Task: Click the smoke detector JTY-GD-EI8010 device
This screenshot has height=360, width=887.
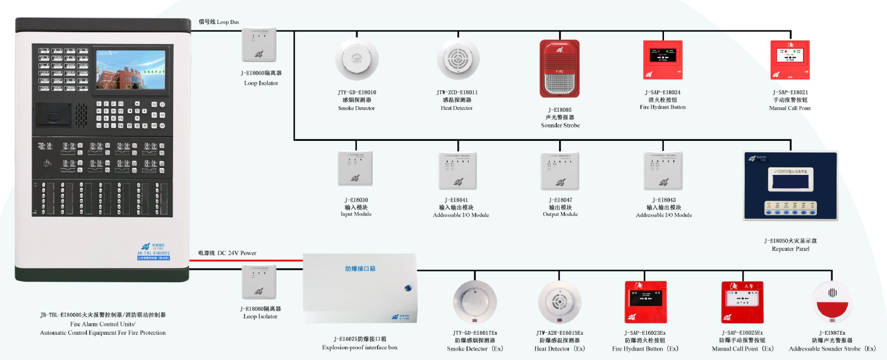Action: (357, 60)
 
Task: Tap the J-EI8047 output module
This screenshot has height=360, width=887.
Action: (560, 171)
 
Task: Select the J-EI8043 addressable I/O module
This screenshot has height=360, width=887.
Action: (663, 171)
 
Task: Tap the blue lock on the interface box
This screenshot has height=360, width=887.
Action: (407, 289)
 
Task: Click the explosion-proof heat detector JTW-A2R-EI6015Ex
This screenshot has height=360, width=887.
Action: (559, 304)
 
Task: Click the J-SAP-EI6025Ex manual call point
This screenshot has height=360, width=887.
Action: (742, 303)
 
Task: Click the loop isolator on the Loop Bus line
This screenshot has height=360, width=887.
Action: (260, 46)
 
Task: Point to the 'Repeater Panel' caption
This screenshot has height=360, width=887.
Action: (790, 249)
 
